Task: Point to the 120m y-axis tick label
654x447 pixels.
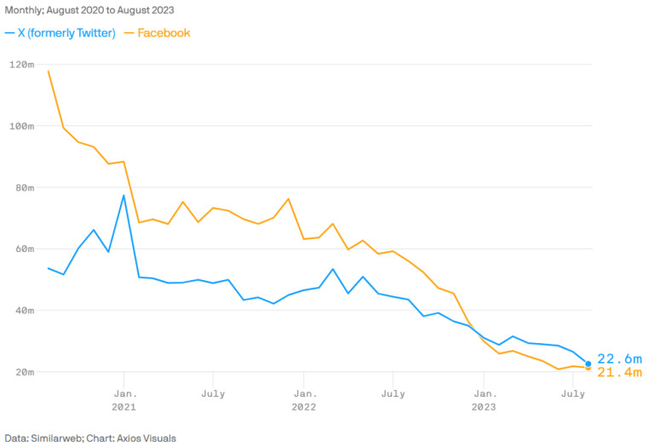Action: coord(21,65)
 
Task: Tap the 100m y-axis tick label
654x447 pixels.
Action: coord(21,126)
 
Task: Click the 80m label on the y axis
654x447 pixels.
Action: coord(23,187)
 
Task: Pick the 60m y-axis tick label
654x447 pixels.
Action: coord(23,249)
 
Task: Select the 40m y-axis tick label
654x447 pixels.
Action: coord(23,311)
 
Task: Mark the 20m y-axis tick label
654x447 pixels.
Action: coord(23,372)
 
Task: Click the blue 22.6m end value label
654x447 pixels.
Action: coord(618,359)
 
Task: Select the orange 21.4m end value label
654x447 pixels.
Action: coord(618,373)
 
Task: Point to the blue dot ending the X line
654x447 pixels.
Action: coord(588,364)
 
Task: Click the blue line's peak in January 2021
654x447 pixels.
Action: coord(124,196)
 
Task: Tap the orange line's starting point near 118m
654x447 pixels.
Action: coord(49,71)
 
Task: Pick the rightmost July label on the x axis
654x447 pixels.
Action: coord(574,393)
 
